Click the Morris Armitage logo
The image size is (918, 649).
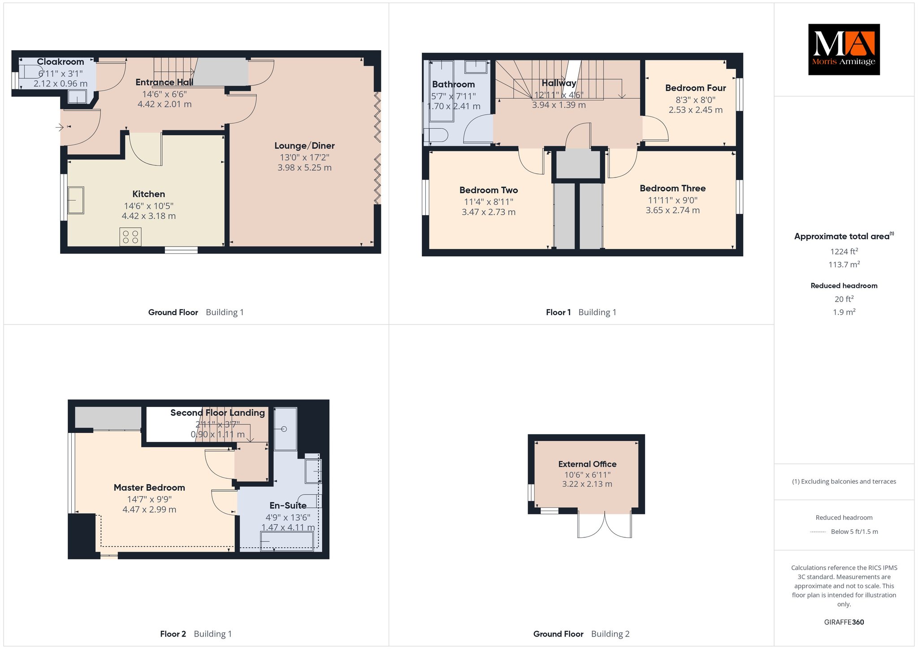point(844,49)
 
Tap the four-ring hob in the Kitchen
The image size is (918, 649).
point(130,237)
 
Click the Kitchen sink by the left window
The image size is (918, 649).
point(76,200)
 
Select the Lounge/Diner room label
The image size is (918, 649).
point(304,146)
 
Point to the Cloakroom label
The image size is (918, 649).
point(61,62)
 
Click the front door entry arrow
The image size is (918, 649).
point(60,128)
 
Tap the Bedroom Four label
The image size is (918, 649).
point(695,88)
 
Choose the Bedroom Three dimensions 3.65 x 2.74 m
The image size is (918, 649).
point(672,210)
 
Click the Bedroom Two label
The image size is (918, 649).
point(489,190)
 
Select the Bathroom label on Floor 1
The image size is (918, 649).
point(453,84)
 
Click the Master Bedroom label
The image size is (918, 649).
point(149,488)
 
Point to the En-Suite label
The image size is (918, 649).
point(288,506)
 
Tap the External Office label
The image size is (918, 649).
point(587,464)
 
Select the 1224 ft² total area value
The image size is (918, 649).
point(844,251)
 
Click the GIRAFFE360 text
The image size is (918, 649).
point(844,622)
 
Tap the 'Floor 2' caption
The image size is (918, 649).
point(173,634)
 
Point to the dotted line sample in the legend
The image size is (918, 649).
point(818,532)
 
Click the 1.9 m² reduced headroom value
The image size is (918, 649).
point(844,312)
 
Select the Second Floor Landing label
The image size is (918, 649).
point(217,413)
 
